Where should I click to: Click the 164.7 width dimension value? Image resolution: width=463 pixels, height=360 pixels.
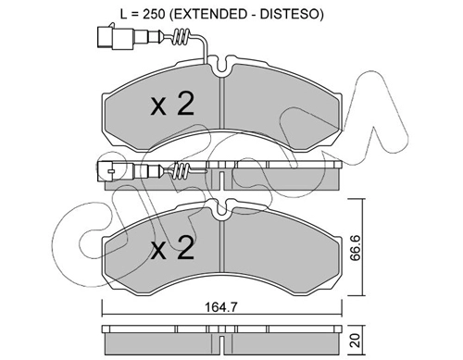click(221, 307)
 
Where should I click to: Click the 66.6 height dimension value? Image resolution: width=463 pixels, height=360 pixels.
click(357, 247)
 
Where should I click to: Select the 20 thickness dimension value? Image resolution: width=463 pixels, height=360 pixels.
click(357, 340)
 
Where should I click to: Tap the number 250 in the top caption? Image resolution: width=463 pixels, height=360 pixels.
click(153, 14)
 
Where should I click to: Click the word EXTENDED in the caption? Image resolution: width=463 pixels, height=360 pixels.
click(208, 14)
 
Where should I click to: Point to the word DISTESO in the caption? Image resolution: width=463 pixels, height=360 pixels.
click(289, 14)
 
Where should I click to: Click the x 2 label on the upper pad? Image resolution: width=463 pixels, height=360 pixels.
click(172, 105)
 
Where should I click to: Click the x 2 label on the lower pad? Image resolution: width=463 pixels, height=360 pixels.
click(172, 248)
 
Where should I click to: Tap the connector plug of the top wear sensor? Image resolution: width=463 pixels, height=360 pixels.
click(115, 37)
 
